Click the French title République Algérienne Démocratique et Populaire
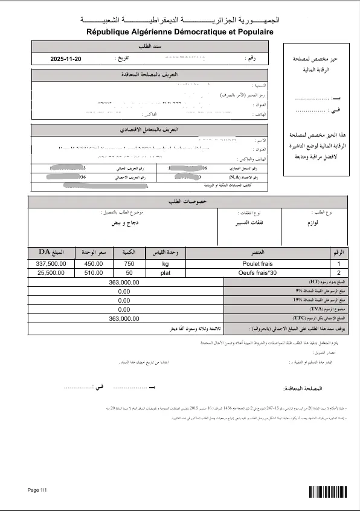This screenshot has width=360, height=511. point(180,31)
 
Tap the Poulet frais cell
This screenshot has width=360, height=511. point(258,264)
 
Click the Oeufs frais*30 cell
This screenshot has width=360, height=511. point(258,273)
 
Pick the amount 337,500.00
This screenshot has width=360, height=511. point(51,264)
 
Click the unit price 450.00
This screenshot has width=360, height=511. point(94,264)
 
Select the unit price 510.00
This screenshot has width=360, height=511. point(94,273)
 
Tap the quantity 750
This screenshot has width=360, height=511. point(129,264)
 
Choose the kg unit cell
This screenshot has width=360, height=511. point(166,264)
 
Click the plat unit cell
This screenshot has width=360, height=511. point(166,273)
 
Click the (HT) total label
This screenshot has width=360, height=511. point(314,282)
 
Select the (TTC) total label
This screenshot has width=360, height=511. point(314,318)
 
